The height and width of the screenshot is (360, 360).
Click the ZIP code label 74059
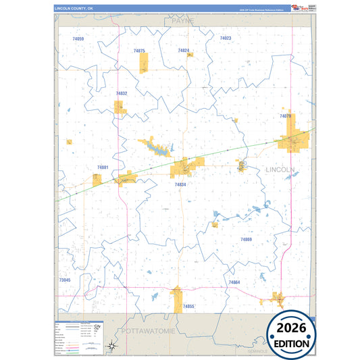(78, 39)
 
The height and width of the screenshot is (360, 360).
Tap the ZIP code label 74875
(139, 51)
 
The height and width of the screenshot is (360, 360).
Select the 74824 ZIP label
(183, 51)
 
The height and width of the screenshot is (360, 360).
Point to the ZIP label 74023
(226, 38)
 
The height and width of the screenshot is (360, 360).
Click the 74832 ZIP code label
(122, 93)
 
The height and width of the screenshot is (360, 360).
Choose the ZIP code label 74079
(286, 116)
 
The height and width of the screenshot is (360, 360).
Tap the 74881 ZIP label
(103, 167)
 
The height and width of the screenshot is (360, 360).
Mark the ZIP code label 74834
(180, 184)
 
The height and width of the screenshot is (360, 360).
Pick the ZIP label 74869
(246, 239)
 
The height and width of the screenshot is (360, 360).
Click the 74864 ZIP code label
(234, 282)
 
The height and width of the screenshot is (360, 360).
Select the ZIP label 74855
(188, 307)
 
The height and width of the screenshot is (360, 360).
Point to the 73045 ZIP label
(65, 280)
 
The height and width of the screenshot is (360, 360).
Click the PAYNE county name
(182, 22)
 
